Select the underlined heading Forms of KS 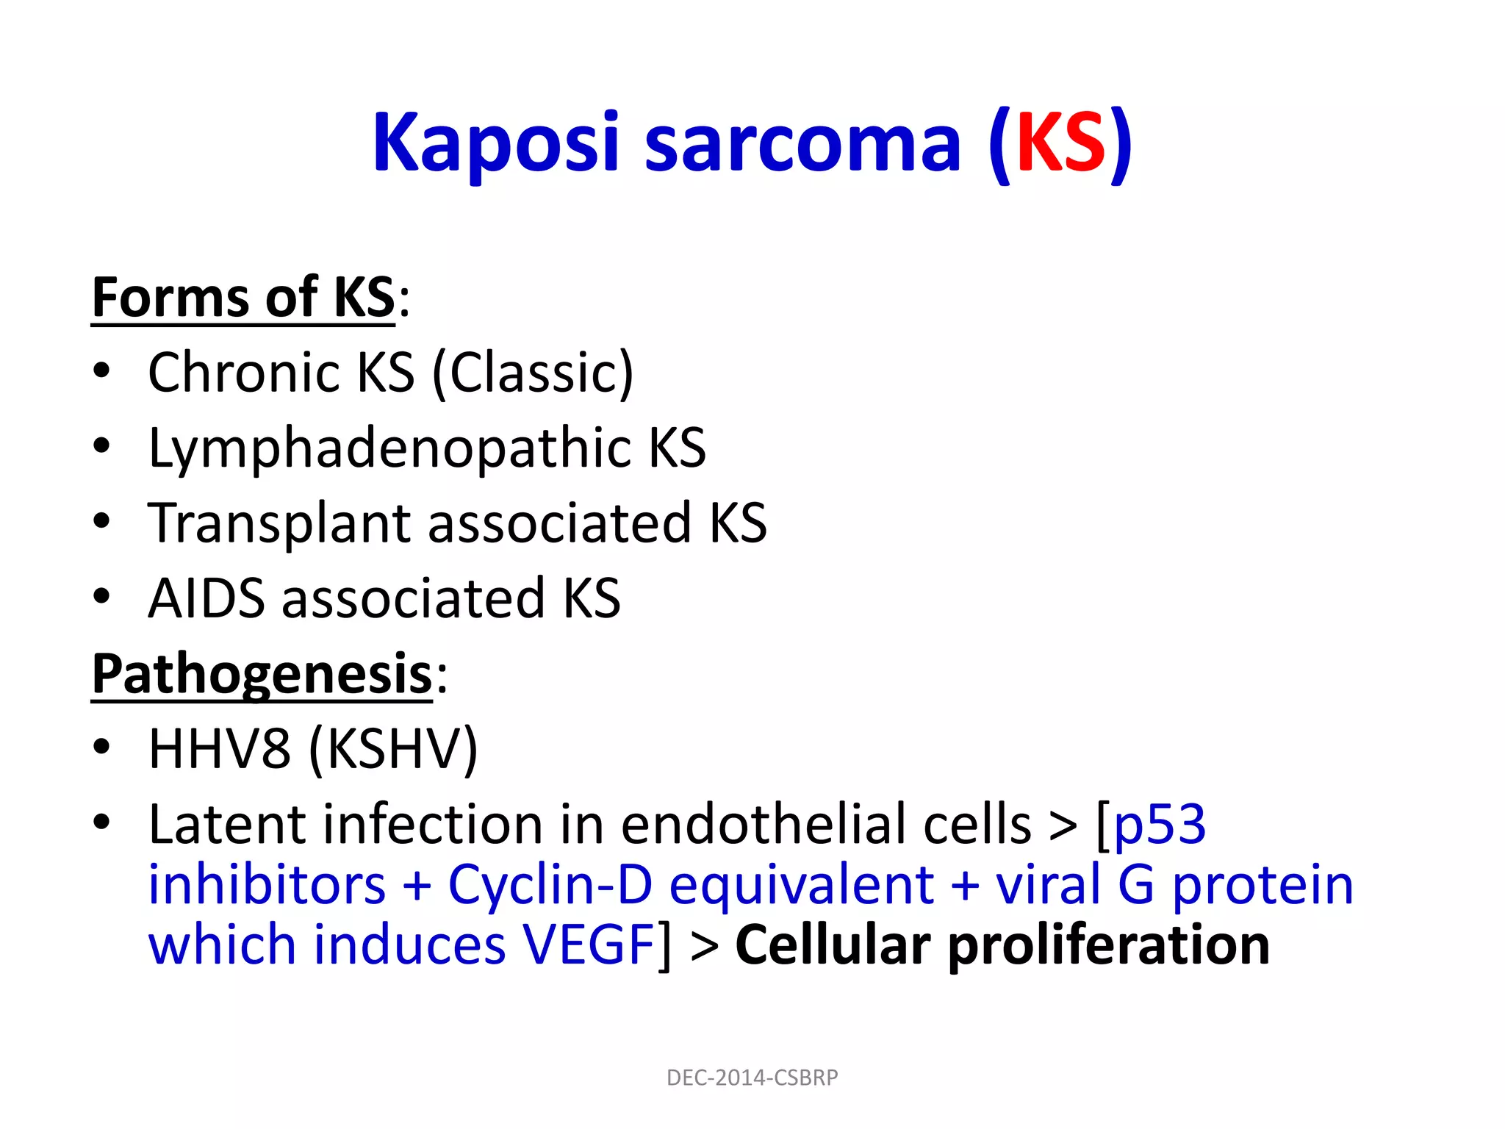[243, 298]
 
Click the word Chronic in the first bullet [243, 373]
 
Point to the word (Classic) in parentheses [533, 373]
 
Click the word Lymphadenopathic [389, 448]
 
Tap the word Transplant [279, 523]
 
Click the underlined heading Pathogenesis [262, 674]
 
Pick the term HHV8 [219, 749]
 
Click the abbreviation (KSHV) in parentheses [394, 749]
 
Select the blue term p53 [1160, 825]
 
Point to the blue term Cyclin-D [550, 885]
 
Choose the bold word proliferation [1108, 945]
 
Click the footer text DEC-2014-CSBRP [752, 1078]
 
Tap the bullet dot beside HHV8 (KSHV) [101, 748]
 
